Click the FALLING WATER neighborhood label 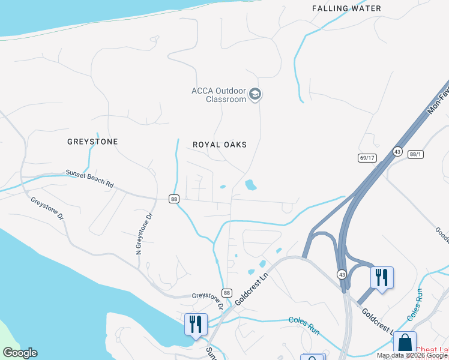coord(346,8)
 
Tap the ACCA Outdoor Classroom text coord(218,95)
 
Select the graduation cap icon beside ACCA coord(255,94)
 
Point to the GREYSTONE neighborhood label coord(92,142)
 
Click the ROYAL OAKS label coord(220,145)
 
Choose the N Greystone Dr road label coord(143,233)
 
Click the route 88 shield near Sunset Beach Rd coord(174,199)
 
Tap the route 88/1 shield coord(415,154)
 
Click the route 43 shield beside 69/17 coord(397,152)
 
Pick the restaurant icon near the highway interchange coord(382,278)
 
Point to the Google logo coord(20,353)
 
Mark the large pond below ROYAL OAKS coord(250,185)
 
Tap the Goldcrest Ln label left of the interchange coord(250,288)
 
